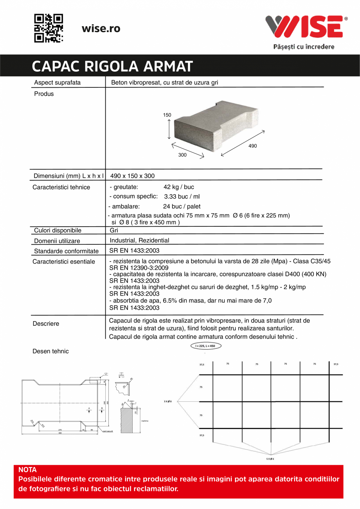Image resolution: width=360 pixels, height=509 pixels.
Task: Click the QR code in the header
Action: click(49, 28)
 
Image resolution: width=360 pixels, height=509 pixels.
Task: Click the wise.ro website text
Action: click(101, 29)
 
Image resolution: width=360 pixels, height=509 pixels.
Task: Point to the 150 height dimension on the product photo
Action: click(167, 115)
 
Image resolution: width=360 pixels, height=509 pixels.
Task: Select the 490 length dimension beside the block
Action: click(253, 146)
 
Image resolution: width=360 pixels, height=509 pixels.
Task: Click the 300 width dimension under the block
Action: click(182, 155)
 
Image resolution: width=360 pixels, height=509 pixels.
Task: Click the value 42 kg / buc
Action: click(178, 187)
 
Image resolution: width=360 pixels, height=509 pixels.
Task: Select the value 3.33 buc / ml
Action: click(182, 197)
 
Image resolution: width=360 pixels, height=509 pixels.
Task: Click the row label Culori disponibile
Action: click(58, 230)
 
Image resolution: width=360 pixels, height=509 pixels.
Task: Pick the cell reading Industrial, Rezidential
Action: click(139, 240)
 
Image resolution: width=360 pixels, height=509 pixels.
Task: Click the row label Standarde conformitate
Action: click(66, 251)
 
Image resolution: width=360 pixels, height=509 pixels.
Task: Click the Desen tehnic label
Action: click(50, 351)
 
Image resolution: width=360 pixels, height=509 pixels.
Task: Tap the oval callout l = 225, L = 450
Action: click(205, 346)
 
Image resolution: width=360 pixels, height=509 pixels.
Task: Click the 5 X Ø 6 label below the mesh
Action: click(270, 458)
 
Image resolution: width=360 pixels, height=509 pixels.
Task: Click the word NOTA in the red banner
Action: click(28, 470)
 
